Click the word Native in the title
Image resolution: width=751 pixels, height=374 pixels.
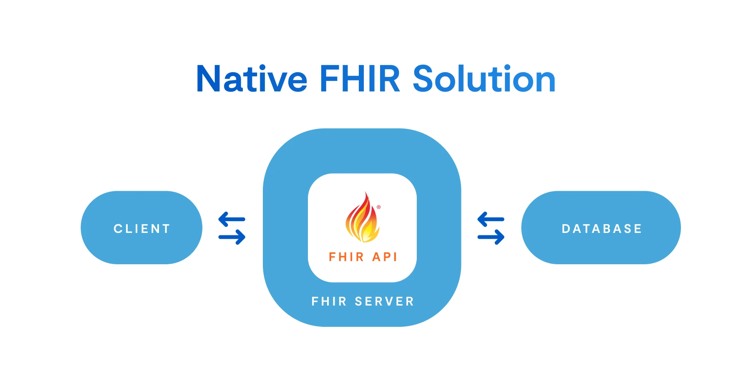click(252, 79)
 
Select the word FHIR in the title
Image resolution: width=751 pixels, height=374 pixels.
click(360, 79)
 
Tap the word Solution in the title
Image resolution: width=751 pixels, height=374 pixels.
click(484, 79)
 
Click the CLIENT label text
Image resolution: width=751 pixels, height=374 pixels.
click(142, 229)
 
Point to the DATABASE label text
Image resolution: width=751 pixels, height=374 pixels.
click(602, 229)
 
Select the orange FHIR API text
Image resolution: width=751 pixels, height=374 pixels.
click(363, 257)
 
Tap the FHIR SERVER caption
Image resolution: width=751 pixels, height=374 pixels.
click(363, 301)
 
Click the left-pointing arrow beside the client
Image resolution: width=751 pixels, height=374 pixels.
click(232, 219)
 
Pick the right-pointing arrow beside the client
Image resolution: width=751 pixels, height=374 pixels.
click(232, 237)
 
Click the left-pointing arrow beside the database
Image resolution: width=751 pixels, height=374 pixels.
click(491, 219)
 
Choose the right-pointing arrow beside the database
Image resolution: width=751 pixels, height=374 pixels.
click(491, 237)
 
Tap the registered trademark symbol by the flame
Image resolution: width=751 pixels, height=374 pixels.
click(379, 207)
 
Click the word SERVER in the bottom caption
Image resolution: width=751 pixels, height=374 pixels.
click(384, 301)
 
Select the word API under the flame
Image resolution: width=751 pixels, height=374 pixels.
click(384, 257)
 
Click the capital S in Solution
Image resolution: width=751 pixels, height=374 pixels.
click(423, 79)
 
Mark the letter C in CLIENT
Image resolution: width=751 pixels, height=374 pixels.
click(118, 229)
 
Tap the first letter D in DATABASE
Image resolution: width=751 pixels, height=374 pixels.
click(566, 229)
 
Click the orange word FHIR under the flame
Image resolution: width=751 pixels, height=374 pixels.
click(346, 257)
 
